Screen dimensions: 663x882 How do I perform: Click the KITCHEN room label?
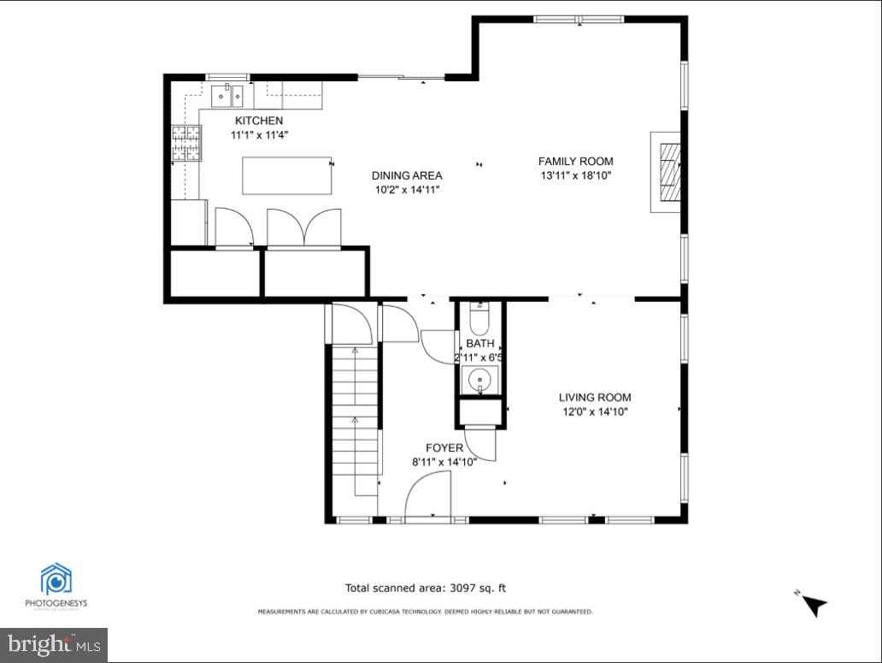tap(258, 121)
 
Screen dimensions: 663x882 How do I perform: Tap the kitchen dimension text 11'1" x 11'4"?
tap(258, 135)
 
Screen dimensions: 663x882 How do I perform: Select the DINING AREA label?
tap(407, 175)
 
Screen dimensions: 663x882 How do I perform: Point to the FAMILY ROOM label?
tap(575, 161)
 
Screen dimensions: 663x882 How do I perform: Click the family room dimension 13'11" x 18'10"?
tap(575, 175)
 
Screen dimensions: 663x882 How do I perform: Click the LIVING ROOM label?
tap(595, 397)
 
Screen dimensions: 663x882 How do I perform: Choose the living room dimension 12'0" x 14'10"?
tap(595, 411)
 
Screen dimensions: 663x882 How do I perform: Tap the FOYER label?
tap(444, 447)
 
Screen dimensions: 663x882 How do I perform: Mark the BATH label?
tap(479, 343)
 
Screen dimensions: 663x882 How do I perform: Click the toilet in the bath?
tap(479, 319)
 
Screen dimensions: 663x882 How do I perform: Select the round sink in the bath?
tap(479, 379)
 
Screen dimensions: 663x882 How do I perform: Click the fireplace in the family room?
tap(669, 171)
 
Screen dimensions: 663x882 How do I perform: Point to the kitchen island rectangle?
tap(287, 175)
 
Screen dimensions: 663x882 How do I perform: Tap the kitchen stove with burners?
tap(186, 143)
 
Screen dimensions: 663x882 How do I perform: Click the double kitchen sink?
tap(227, 93)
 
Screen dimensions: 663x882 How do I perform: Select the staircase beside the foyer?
tap(354, 419)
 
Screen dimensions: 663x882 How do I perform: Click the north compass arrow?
tap(814, 604)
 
